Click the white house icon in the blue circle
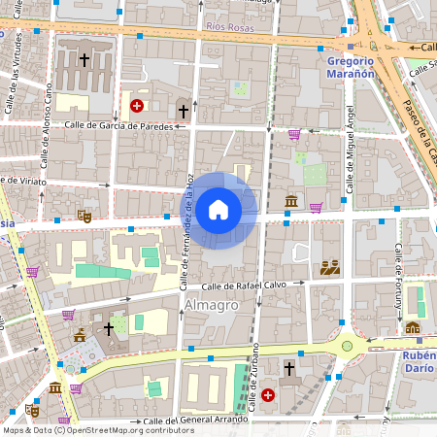[218, 209]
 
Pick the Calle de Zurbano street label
[254, 378]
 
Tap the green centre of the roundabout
[347, 345]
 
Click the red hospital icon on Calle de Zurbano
[267, 395]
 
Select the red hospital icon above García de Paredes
[137, 106]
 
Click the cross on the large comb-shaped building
[84, 59]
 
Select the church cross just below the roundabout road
[288, 368]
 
